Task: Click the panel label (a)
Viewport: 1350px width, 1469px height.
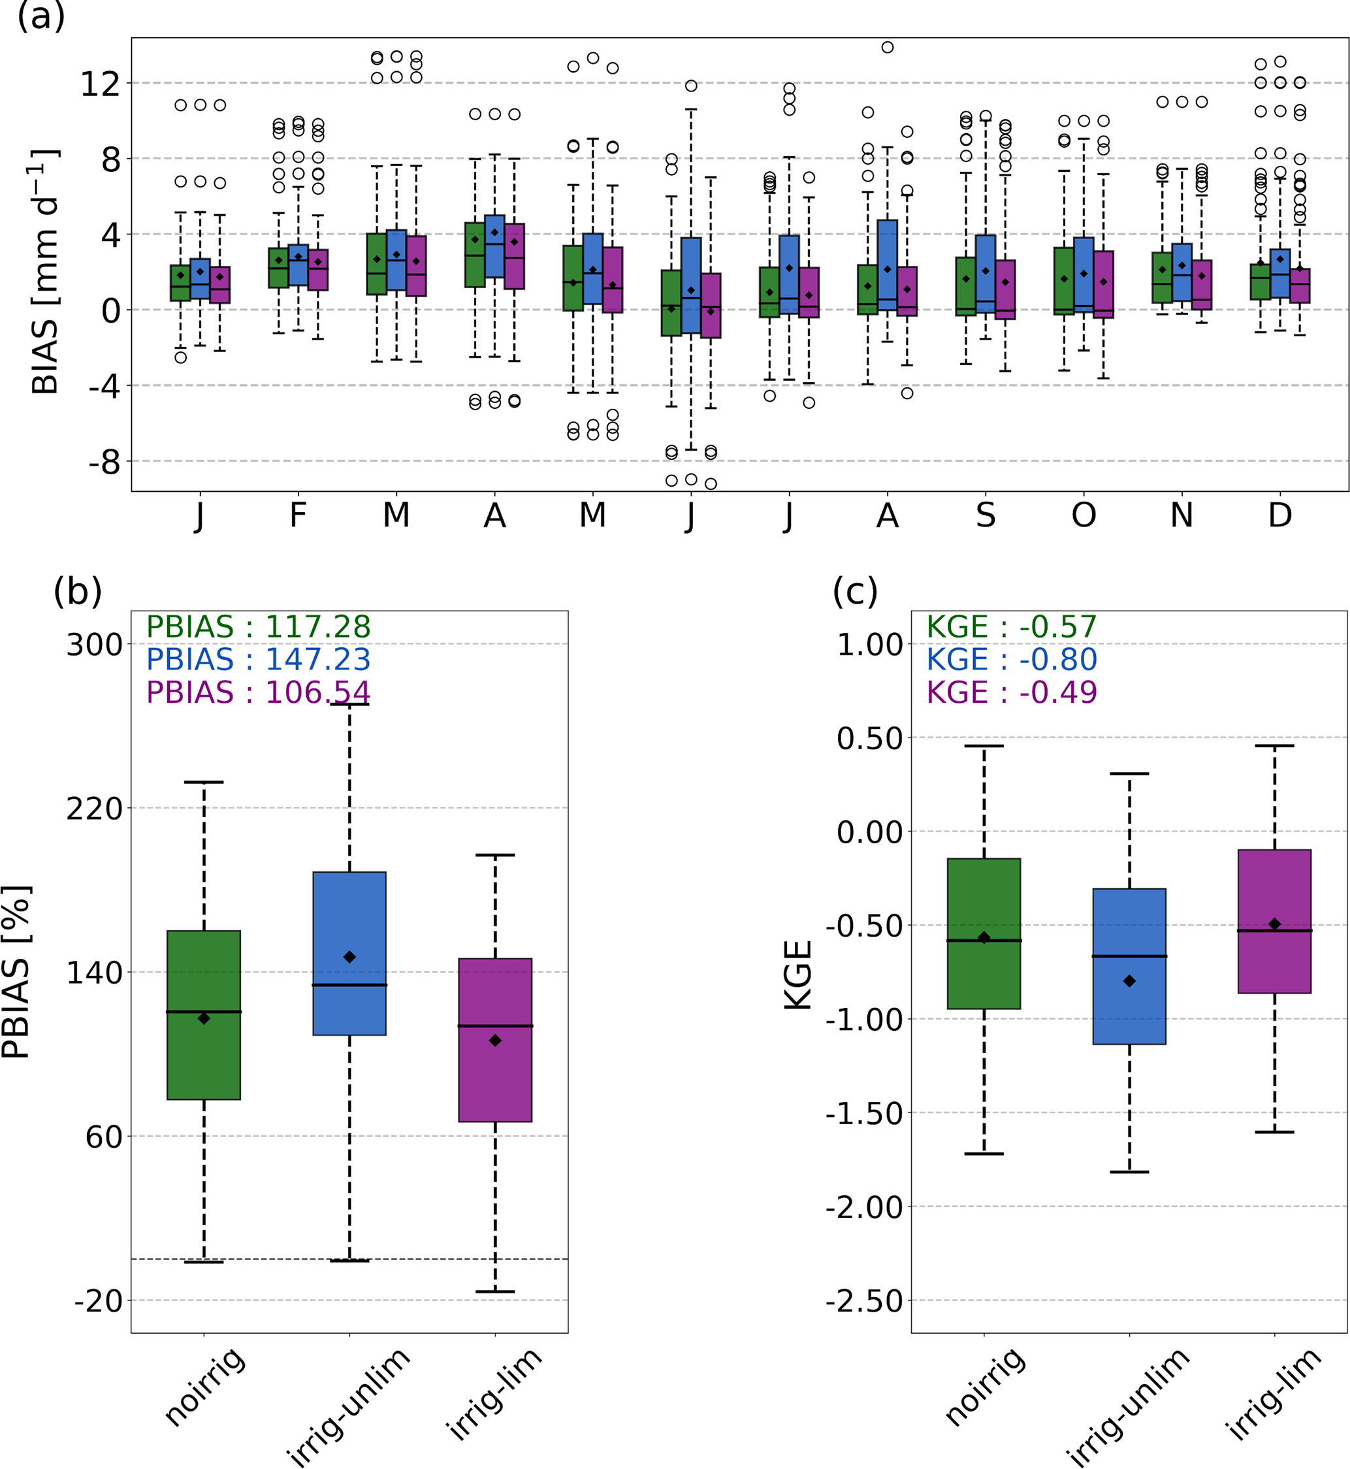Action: [x=41, y=16]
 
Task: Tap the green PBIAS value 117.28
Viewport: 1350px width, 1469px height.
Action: [x=258, y=627]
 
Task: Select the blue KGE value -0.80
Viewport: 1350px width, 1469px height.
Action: [x=1012, y=660]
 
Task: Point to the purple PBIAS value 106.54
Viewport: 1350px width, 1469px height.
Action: [x=258, y=692]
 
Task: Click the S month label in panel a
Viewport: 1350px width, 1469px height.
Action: [x=986, y=516]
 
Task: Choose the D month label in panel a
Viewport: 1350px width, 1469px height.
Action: [x=1280, y=516]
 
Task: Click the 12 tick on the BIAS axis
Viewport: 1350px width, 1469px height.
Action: [x=100, y=84]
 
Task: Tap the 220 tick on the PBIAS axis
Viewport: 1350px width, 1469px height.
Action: [x=94, y=809]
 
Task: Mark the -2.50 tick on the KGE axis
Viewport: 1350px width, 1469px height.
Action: [x=864, y=1301]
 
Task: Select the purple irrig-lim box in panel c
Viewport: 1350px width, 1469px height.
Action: [x=1275, y=921]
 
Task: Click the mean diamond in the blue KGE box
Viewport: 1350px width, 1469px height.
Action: [x=1129, y=981]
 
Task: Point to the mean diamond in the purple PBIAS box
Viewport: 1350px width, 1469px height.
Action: [x=495, y=1041]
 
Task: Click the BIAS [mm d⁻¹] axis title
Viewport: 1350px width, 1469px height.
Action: [x=45, y=272]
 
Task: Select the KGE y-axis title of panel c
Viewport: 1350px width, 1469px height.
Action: [x=799, y=975]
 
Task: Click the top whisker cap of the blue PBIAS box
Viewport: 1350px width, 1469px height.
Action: [x=349, y=704]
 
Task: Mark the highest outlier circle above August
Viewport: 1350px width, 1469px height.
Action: [x=888, y=48]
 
